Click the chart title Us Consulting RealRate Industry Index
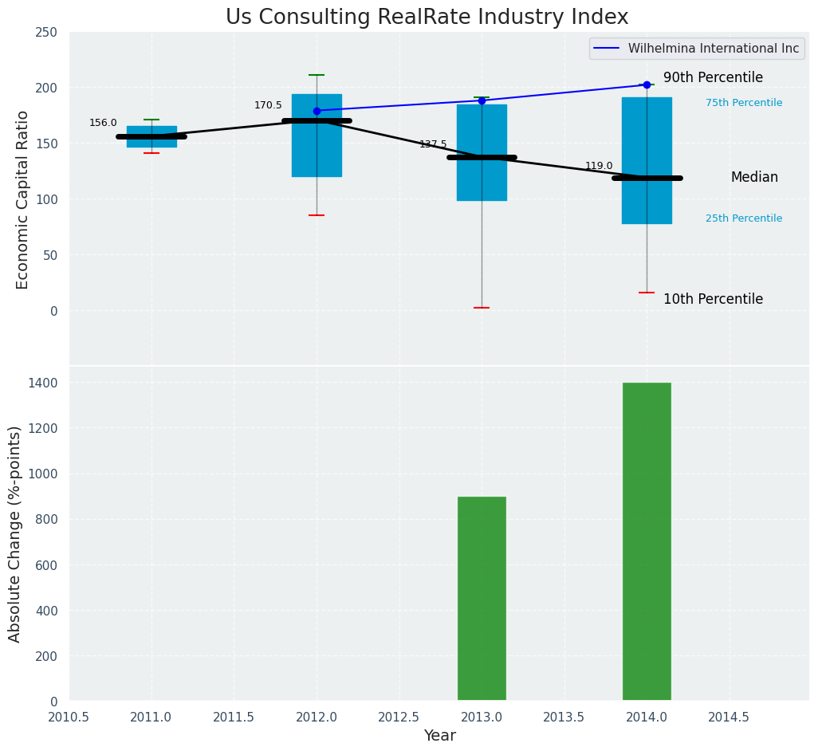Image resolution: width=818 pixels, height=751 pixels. click(x=427, y=18)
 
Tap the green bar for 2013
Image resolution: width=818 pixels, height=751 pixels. click(x=482, y=599)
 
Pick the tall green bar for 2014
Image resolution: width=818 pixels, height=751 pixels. click(x=647, y=542)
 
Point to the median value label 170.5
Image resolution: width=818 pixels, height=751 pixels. click(x=268, y=105)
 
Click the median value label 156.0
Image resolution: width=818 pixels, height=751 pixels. click(x=103, y=123)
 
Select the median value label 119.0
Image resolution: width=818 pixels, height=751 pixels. click(x=599, y=167)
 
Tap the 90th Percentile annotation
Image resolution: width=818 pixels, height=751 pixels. click(x=713, y=78)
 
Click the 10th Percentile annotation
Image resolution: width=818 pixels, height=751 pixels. click(x=713, y=300)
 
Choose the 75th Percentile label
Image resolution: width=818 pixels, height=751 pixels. click(x=743, y=103)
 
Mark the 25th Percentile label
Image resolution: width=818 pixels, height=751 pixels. click(x=743, y=218)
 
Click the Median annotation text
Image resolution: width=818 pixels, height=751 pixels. click(x=754, y=178)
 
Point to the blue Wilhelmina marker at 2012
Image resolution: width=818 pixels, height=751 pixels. click(x=317, y=111)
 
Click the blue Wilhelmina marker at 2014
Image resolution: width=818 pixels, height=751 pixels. click(x=647, y=85)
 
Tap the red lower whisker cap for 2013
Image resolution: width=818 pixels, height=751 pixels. click(x=482, y=308)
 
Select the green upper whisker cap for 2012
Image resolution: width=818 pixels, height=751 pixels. click(x=317, y=75)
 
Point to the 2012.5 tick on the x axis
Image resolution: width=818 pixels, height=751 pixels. click(x=399, y=718)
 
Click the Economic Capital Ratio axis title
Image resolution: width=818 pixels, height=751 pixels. click(x=23, y=199)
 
